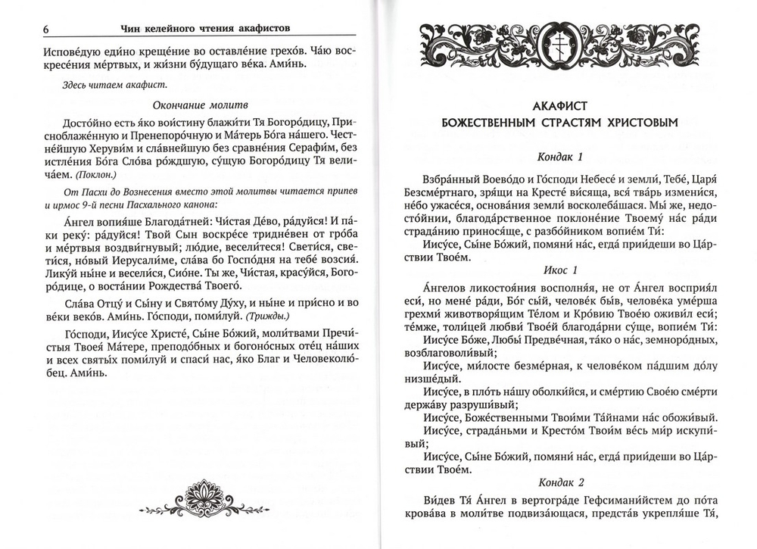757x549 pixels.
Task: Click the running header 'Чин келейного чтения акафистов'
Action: coord(206,28)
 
